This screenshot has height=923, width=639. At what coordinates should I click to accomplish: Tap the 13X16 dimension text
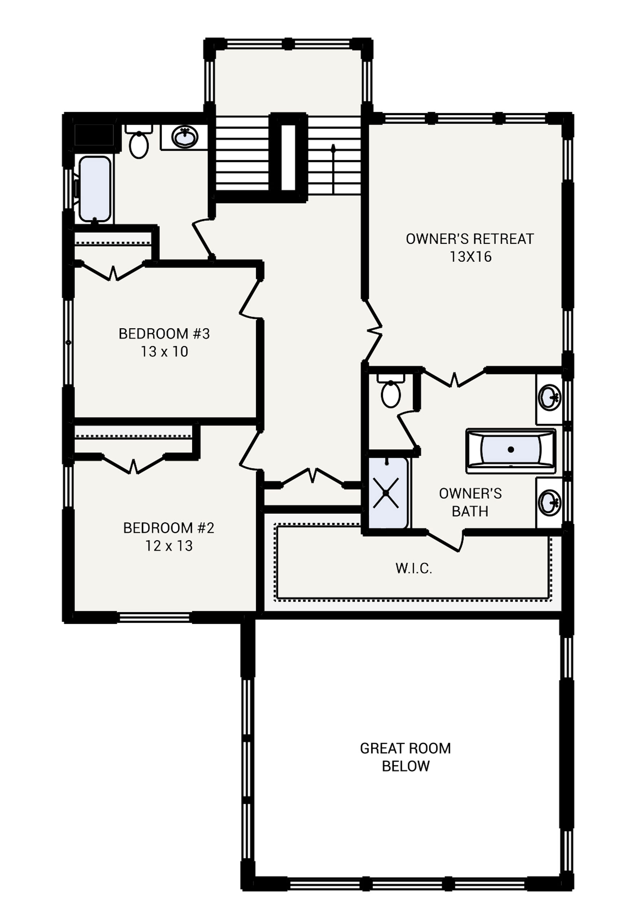tap(470, 257)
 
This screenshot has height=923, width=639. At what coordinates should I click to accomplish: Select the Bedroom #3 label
tap(164, 334)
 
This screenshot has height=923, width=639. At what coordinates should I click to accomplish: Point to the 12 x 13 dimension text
tap(168, 546)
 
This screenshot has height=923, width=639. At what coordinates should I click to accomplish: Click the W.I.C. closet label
tap(413, 569)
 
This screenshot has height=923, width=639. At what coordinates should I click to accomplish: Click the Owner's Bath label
tap(470, 503)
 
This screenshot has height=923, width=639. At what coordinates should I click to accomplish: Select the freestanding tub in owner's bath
tap(511, 450)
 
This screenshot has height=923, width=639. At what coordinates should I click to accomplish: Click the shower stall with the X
tap(386, 493)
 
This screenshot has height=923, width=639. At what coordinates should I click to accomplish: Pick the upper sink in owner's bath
tap(550, 398)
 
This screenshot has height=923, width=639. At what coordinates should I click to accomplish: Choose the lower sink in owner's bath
tap(550, 503)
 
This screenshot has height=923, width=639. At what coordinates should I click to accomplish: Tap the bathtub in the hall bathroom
tap(95, 189)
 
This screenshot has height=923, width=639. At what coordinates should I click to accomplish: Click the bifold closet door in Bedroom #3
tap(113, 272)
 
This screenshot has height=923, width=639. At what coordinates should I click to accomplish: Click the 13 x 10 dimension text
tap(164, 352)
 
